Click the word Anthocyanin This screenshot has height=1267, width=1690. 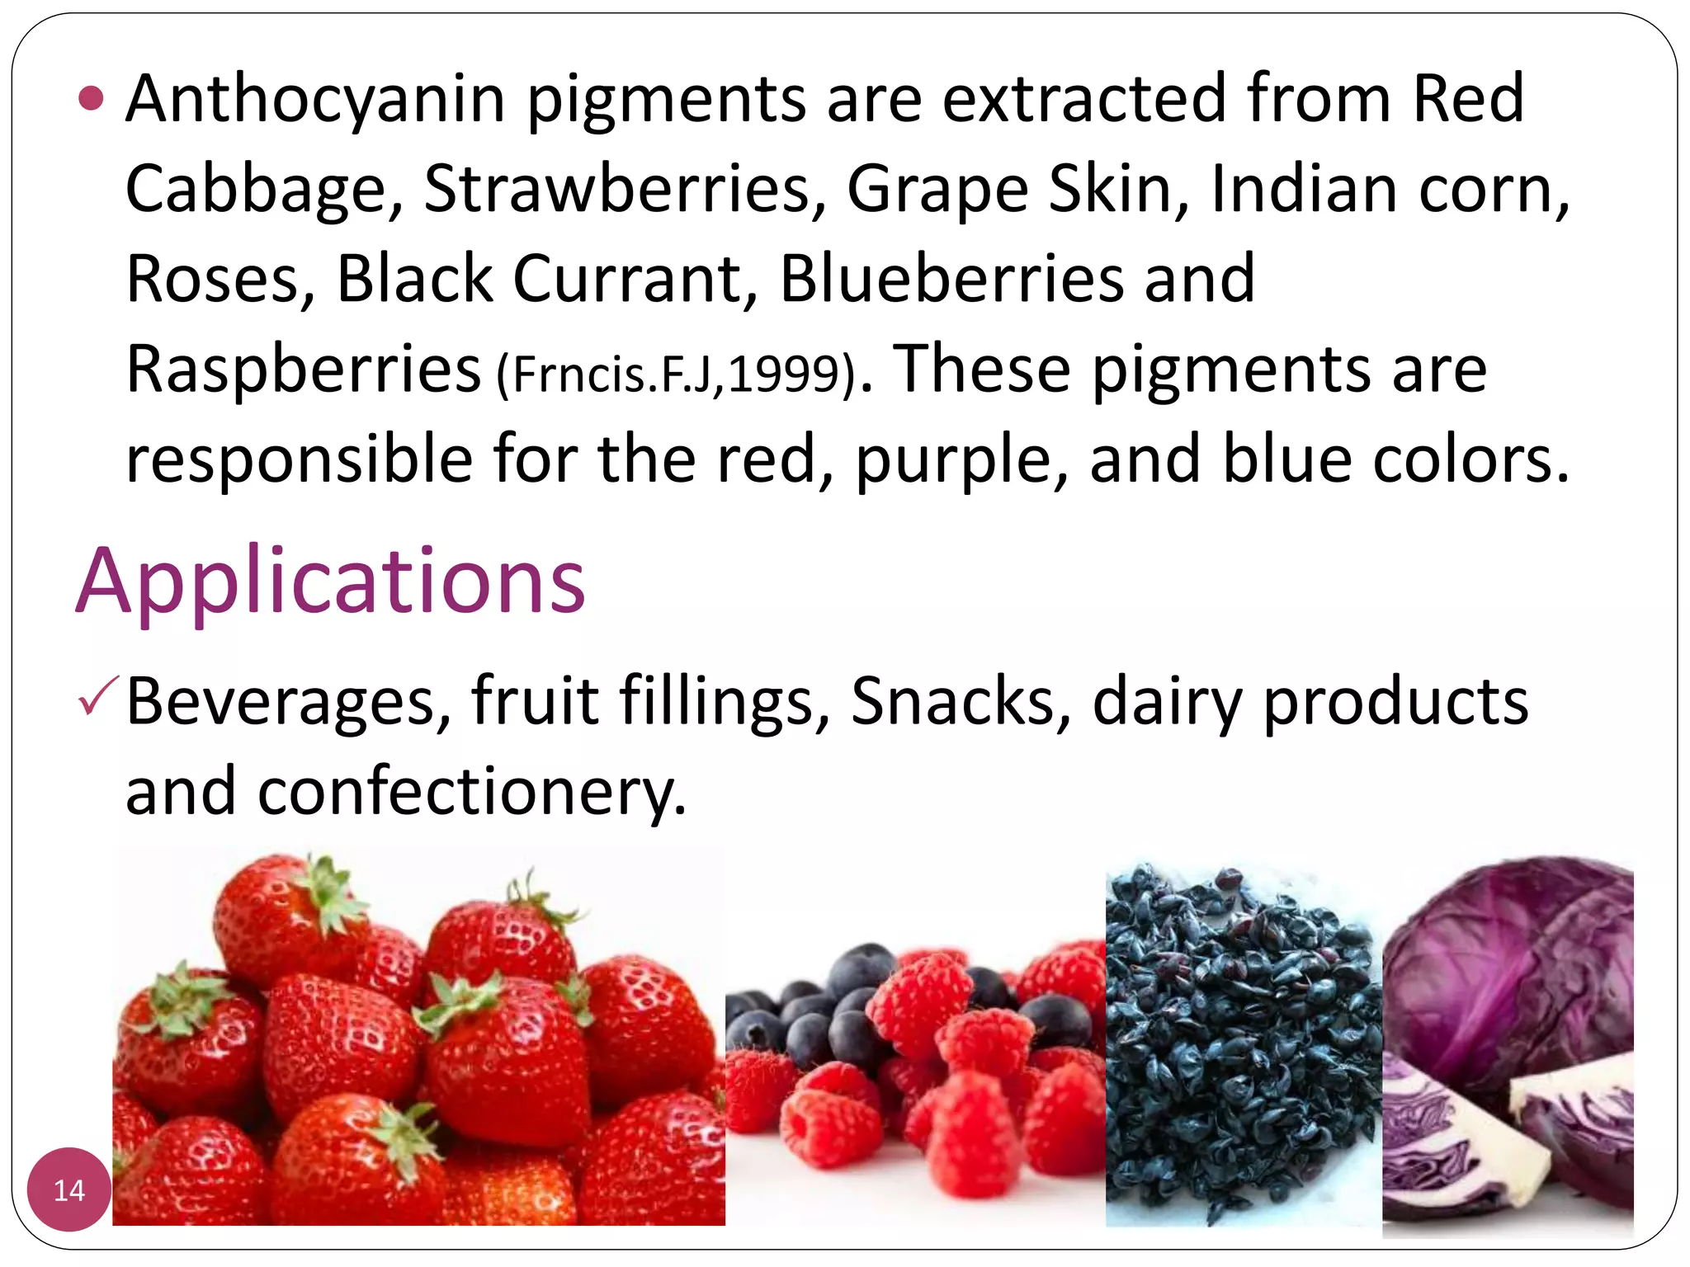(315, 99)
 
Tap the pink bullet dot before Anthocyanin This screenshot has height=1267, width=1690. (91, 99)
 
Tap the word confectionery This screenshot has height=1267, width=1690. (472, 792)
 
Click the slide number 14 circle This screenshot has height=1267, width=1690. (69, 1189)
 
